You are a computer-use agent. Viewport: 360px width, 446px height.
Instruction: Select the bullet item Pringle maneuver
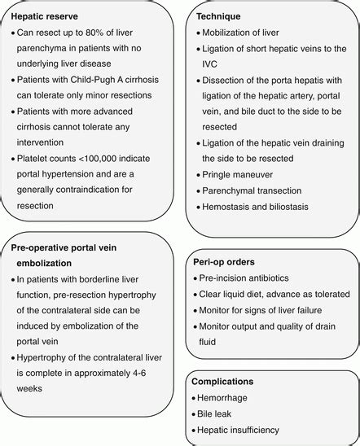pos(237,174)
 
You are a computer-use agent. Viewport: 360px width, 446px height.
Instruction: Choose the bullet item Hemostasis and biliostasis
pos(257,207)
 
